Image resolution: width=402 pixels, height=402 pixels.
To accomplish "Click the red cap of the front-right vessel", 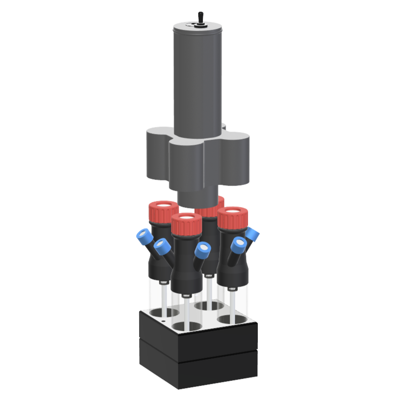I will [231, 217].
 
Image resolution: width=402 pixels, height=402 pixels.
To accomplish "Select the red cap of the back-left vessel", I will [163, 212].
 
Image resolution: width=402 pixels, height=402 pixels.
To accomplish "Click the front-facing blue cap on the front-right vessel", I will [239, 244].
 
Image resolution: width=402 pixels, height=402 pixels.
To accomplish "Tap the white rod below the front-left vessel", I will [186, 309].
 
